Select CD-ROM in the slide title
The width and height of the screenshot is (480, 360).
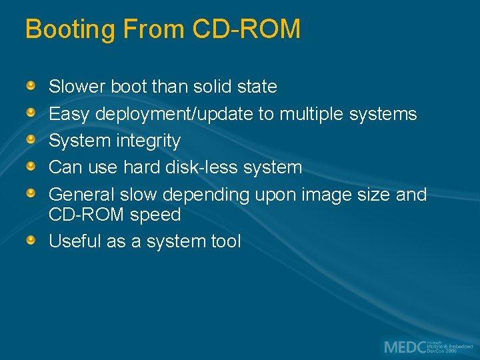click(247, 29)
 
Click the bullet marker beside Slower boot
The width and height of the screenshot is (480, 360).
click(31, 86)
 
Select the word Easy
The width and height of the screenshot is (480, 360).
click(69, 114)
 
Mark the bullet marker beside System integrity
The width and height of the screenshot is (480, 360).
click(31, 139)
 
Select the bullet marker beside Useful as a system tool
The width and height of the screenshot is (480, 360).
click(31, 239)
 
